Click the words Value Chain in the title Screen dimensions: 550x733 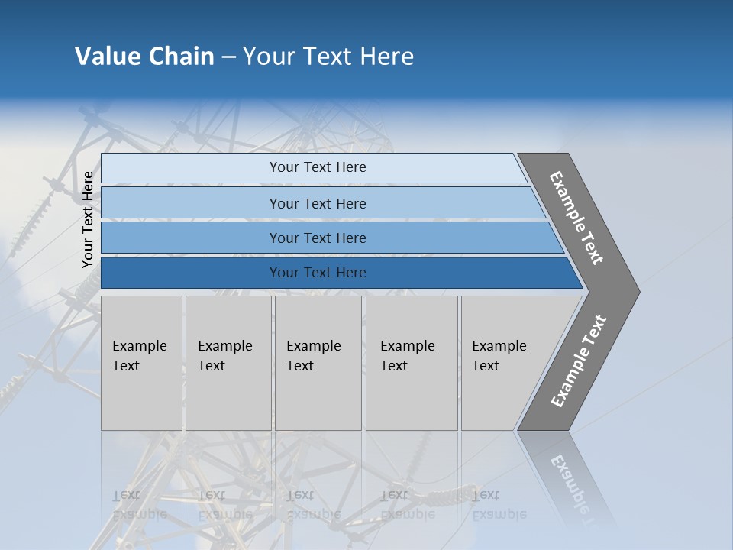click(x=144, y=57)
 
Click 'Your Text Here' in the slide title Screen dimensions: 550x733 click(x=328, y=57)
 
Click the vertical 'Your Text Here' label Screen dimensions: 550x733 click(x=88, y=219)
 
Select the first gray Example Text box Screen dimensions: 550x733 click(x=141, y=363)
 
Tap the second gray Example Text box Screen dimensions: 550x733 click(x=228, y=363)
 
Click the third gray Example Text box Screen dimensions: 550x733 click(x=318, y=363)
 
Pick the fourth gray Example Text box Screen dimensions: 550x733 click(x=411, y=363)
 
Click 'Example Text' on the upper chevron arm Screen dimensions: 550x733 click(x=576, y=218)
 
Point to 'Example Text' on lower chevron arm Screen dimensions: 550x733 click(x=579, y=361)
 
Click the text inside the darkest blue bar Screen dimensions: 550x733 click(x=318, y=273)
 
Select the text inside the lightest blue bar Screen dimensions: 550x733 click(x=318, y=167)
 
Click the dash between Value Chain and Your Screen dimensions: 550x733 click(x=228, y=57)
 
